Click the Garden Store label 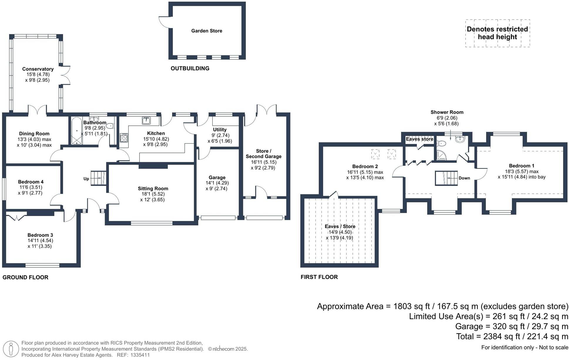pyautogui.click(x=207, y=31)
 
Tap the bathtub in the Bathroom pyautogui.click(x=77, y=131)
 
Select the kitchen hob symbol pyautogui.click(x=124, y=138)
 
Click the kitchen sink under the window pyautogui.click(x=146, y=120)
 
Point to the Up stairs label pyautogui.click(x=86, y=179)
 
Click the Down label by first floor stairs pyautogui.click(x=464, y=178)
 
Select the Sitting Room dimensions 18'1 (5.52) pyautogui.click(x=152, y=194)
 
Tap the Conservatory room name pyautogui.click(x=38, y=69)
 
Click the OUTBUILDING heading pyautogui.click(x=190, y=68)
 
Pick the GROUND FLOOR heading pyautogui.click(x=25, y=277)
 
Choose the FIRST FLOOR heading pyautogui.click(x=319, y=277)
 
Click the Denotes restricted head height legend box pyautogui.click(x=497, y=33)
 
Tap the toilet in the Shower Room pyautogui.click(x=441, y=143)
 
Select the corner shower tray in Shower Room pyautogui.click(x=441, y=155)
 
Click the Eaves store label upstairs pyautogui.click(x=419, y=139)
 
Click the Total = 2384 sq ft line pyautogui.click(x=512, y=336)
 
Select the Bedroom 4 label pyautogui.click(x=31, y=182)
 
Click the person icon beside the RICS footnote pyautogui.click(x=11, y=349)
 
